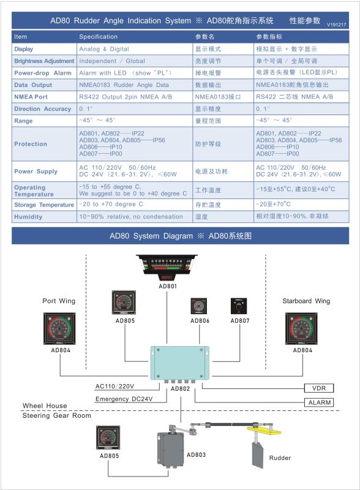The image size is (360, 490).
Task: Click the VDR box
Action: point(319,388)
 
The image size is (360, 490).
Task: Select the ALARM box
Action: point(319,402)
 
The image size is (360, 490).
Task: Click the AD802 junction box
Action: point(179,363)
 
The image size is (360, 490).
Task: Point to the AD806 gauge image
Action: point(199,306)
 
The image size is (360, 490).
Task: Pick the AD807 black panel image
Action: point(239,306)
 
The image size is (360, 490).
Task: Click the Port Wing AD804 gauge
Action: point(59,328)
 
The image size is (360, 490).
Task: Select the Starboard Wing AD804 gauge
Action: point(302,328)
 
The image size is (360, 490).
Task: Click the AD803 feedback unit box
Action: point(171,449)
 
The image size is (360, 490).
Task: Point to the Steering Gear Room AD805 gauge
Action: point(108,437)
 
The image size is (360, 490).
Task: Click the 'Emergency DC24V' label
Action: point(124,399)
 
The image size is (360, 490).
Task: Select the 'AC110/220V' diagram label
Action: point(114,386)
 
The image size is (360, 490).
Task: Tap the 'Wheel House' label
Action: point(45,405)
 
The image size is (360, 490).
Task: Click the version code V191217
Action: point(337,24)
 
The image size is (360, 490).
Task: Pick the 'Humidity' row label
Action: point(28,217)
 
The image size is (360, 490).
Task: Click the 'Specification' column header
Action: point(98,37)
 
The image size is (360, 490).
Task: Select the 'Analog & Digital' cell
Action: point(104,49)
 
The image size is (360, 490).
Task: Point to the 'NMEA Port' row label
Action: point(31,97)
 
